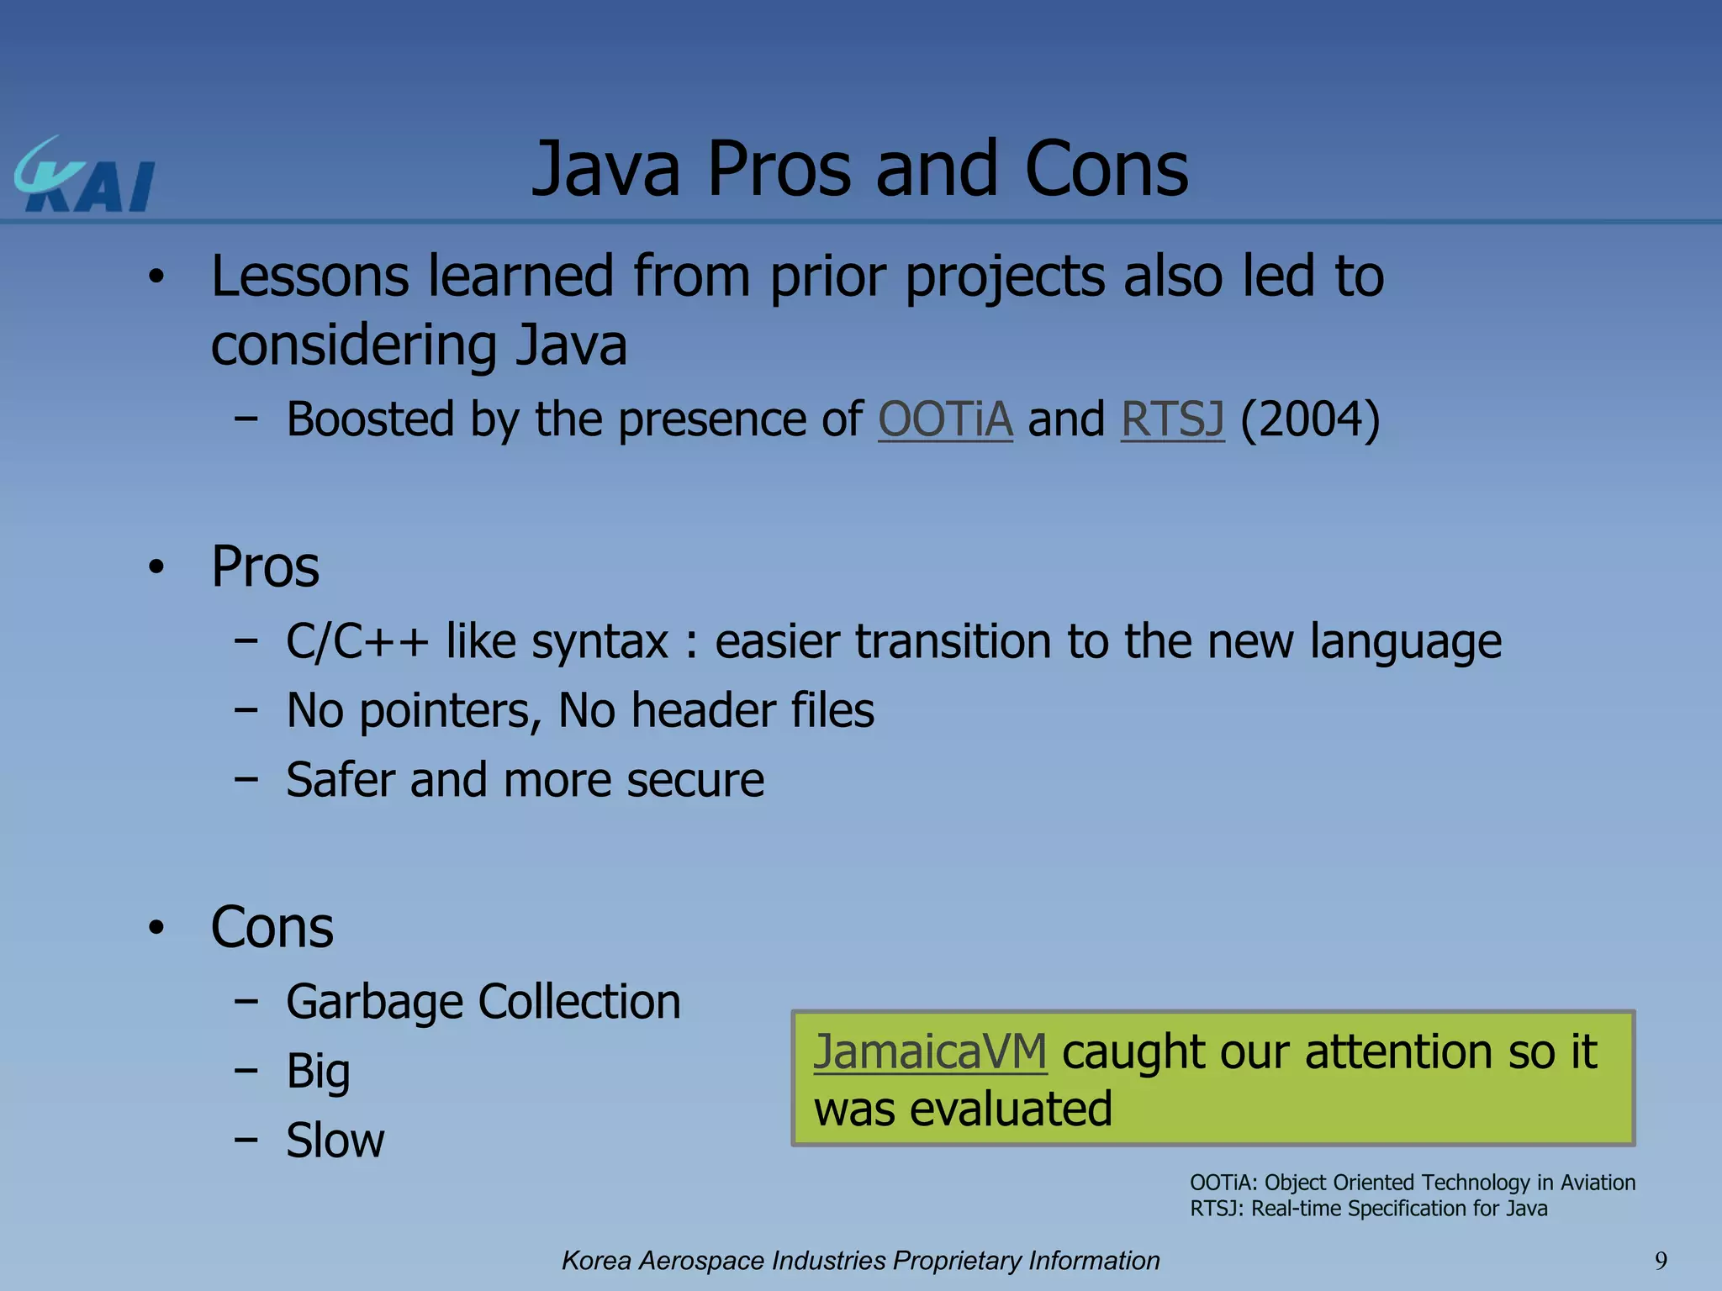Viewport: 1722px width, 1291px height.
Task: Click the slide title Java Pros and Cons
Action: point(860,169)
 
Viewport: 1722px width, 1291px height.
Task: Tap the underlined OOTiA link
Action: point(945,419)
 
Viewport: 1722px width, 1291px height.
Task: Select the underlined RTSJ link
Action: point(1172,419)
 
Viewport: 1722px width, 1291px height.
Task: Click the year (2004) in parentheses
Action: point(1310,419)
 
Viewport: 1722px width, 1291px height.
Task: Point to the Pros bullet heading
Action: point(265,566)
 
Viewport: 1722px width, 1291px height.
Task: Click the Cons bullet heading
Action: point(272,927)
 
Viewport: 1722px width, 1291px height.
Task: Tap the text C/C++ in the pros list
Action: point(357,641)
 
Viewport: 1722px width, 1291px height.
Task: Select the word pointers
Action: point(450,711)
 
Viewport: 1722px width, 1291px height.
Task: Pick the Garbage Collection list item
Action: point(483,1002)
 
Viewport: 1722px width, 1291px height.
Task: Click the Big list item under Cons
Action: point(318,1072)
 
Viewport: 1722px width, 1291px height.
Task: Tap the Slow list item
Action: point(335,1141)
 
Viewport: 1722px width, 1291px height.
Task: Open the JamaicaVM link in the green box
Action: point(930,1051)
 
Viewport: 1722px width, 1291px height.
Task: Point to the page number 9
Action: point(1661,1261)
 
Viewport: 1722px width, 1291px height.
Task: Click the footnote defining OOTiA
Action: point(1412,1183)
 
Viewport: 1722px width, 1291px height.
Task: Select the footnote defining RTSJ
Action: point(1368,1209)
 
